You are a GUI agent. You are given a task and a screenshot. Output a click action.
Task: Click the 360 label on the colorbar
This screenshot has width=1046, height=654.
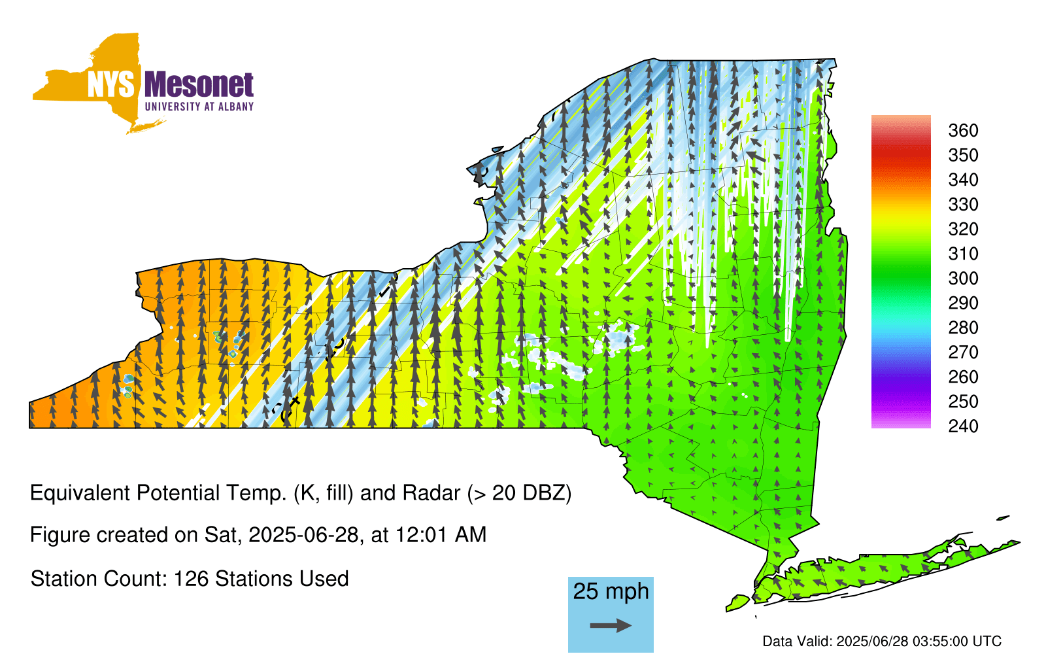coord(963,130)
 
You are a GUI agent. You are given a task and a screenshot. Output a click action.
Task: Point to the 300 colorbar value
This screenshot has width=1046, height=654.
coord(963,279)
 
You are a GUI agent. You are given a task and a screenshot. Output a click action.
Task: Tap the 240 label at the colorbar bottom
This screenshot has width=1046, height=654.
coord(963,426)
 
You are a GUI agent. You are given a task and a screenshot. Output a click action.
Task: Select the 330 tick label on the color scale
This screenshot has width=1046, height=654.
coord(963,204)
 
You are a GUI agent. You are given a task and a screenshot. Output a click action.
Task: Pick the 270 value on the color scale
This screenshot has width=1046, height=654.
coord(963,353)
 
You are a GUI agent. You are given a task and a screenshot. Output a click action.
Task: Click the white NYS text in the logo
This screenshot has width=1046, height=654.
coord(110,84)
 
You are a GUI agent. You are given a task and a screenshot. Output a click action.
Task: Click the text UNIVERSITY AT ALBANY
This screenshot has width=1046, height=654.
coord(199,107)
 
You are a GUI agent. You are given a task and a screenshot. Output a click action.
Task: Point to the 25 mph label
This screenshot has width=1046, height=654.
coord(611,591)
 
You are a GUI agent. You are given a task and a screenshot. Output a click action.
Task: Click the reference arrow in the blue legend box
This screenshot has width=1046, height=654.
coord(611,625)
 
